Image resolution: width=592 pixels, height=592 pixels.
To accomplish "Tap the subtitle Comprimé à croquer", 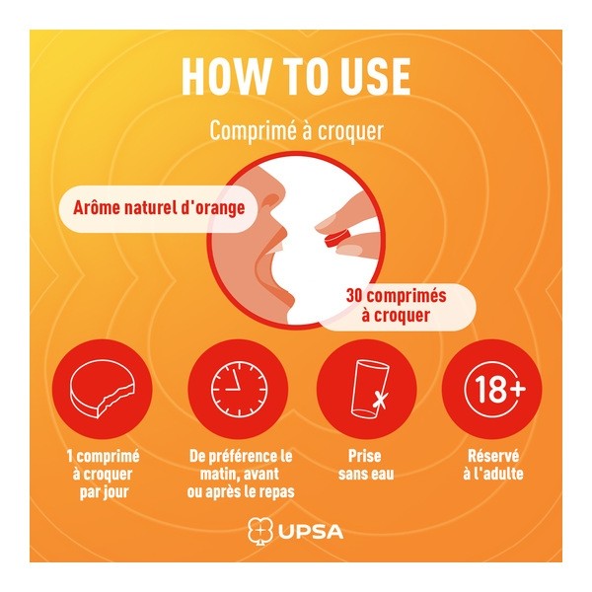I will coord(295,132).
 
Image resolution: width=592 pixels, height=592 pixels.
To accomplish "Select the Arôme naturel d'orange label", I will coord(160,208).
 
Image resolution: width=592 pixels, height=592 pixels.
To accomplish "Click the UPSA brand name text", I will coord(312,532).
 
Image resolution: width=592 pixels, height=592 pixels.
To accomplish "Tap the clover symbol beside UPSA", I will coord(259,532).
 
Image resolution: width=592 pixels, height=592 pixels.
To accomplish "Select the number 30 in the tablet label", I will coord(355,296).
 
